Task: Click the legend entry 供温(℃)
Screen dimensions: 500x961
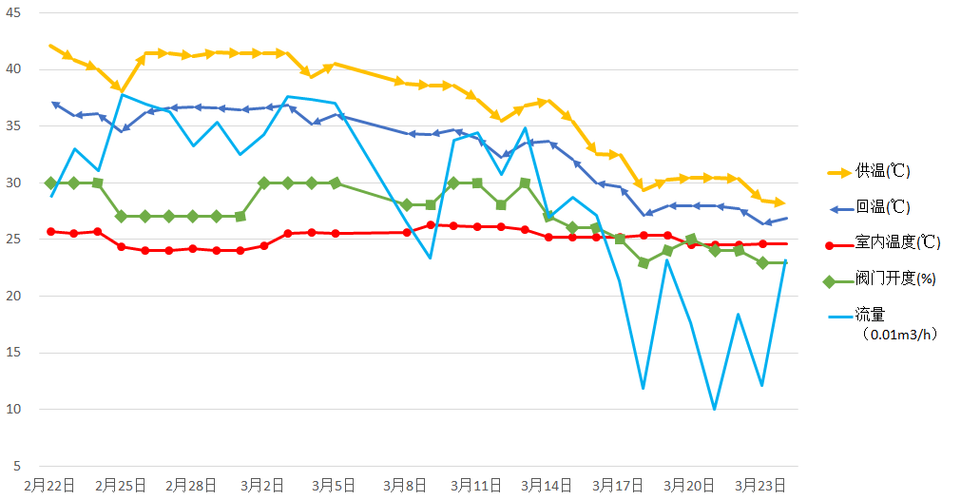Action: pyautogui.click(x=884, y=172)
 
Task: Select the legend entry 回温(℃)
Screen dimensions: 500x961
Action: pyautogui.click(x=884, y=207)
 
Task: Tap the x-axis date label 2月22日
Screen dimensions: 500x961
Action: pyautogui.click(x=49, y=485)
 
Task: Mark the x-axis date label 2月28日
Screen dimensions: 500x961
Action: pyautogui.click(x=193, y=485)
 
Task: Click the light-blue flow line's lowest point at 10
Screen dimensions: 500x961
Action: pyautogui.click(x=715, y=409)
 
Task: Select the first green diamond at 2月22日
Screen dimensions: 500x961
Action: pyautogui.click(x=50, y=183)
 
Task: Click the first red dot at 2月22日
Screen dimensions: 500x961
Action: pyautogui.click(x=50, y=231)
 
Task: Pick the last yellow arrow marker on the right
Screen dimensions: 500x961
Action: pyautogui.click(x=778, y=202)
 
